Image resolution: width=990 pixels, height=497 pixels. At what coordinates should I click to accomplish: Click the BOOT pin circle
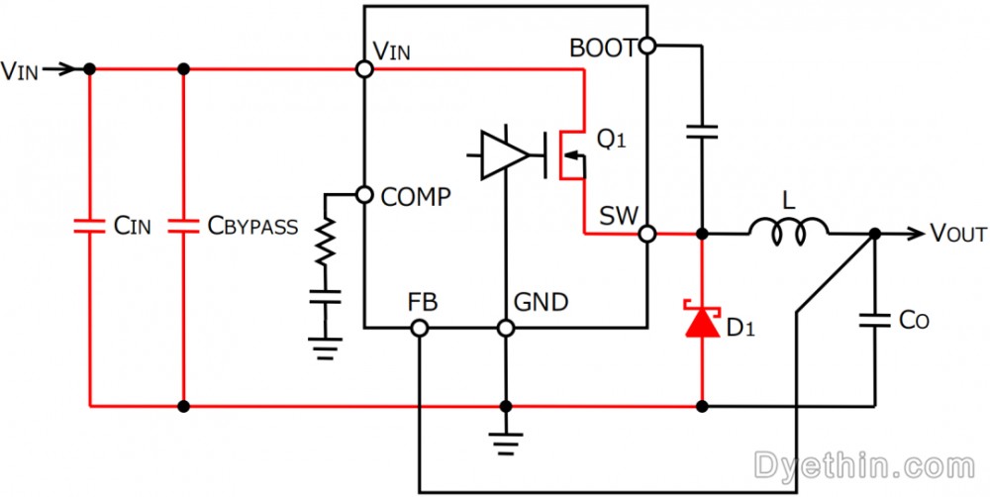pos(647,46)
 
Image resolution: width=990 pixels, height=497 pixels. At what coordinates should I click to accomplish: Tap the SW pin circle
pos(647,235)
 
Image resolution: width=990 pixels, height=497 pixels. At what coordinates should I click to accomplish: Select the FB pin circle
pos(419,328)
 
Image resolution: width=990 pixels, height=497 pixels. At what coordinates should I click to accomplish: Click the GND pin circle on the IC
pos(505,328)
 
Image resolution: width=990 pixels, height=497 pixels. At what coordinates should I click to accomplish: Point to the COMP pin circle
pos(364,194)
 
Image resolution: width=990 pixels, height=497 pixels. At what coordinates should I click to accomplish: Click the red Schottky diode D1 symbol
pos(702,320)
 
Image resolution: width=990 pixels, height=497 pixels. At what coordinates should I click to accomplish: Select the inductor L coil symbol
pos(789,233)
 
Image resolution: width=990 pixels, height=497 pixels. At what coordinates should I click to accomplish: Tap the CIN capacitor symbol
pos(89,226)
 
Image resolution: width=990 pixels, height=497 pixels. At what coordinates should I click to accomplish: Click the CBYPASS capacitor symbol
pos(184,226)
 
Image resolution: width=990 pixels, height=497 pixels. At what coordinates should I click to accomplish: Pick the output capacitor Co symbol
pos(874,322)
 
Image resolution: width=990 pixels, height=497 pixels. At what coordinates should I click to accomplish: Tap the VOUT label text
pos(958,234)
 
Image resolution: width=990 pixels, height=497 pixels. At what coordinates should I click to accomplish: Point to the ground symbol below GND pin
pos(505,444)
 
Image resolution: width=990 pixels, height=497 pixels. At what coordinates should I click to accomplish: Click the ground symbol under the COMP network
pos(326,348)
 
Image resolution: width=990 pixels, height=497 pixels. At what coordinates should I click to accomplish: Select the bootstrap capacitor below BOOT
pos(702,132)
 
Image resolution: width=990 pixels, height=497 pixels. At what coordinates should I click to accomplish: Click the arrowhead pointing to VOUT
pos(917,235)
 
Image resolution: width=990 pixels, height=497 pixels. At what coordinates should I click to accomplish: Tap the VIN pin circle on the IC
pos(364,69)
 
